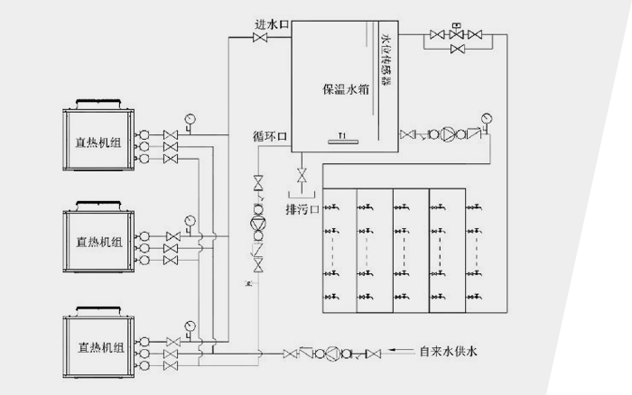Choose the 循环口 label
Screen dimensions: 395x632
(x=269, y=137)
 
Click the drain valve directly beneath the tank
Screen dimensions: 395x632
(x=302, y=172)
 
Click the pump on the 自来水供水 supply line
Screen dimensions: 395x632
(x=333, y=353)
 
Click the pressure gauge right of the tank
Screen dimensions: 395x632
(x=488, y=117)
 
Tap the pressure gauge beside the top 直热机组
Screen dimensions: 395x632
(x=191, y=118)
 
